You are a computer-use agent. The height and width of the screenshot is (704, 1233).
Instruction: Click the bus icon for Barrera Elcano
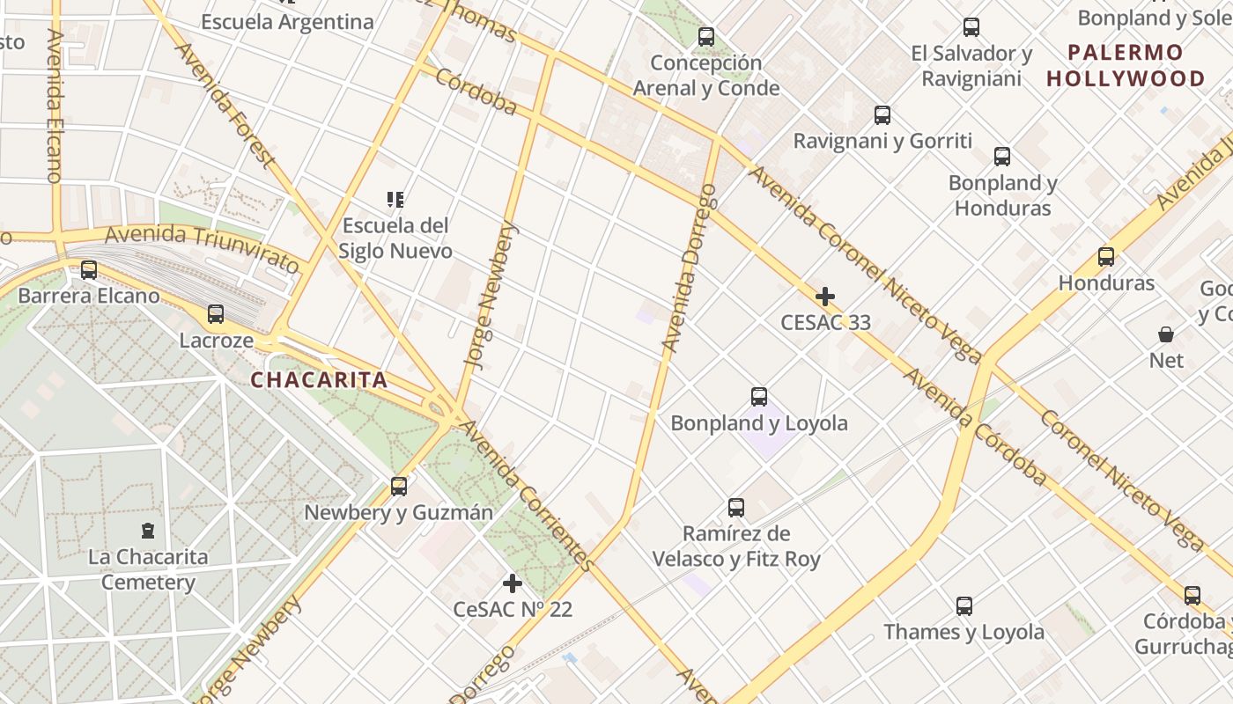coord(89,270)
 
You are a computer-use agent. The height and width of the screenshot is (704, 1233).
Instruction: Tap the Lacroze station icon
coord(216,314)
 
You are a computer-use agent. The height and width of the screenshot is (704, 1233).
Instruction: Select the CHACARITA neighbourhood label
coord(319,380)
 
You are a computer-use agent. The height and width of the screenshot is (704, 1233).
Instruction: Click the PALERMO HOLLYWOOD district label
coord(1126,65)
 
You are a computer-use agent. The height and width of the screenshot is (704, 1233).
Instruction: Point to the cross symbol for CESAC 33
coord(825,297)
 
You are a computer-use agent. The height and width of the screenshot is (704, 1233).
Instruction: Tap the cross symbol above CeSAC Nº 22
coord(513,583)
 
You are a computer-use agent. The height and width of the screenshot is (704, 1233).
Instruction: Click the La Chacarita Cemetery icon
coord(148,531)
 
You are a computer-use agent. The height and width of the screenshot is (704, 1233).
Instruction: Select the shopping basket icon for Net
coord(1166,334)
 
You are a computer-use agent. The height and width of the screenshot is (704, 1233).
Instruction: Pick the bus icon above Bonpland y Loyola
coord(759,397)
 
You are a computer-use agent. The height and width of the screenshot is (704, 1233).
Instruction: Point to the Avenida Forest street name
coord(225,103)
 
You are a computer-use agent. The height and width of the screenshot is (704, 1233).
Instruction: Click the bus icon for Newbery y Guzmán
coord(399,486)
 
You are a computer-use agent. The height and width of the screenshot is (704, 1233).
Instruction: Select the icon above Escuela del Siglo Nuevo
coord(395,200)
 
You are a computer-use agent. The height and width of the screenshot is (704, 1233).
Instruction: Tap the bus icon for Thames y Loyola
coord(964,606)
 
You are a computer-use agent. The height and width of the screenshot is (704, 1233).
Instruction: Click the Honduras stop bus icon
coord(1106,257)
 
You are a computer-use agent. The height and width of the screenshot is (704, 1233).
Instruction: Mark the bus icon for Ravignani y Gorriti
coord(882,115)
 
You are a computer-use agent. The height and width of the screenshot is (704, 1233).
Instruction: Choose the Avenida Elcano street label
coord(55,106)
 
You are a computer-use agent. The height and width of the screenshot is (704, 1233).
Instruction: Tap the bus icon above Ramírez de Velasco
coord(736,508)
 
